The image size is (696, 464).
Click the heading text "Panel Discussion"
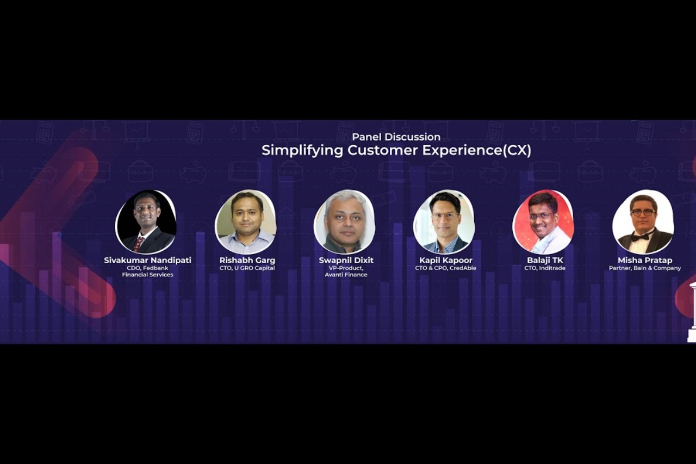pyautogui.click(x=396, y=137)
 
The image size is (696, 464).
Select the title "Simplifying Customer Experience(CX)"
pyautogui.click(x=396, y=150)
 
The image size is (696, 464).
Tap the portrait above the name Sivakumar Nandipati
pyautogui.click(x=146, y=222)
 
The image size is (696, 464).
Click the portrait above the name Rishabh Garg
pyautogui.click(x=246, y=222)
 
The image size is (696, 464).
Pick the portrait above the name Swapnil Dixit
pyautogui.click(x=344, y=222)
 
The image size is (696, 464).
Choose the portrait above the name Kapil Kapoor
pyautogui.click(x=444, y=222)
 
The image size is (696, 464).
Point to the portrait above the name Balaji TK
pyautogui.click(x=543, y=222)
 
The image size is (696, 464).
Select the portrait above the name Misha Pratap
pyautogui.click(x=643, y=222)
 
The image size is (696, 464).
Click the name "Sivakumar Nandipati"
pyautogui.click(x=147, y=261)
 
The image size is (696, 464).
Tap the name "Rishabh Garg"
pyautogui.click(x=247, y=261)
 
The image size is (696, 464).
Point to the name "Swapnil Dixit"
pyautogui.click(x=346, y=261)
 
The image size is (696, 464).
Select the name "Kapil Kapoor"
pyautogui.click(x=445, y=261)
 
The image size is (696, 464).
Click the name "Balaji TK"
pyautogui.click(x=545, y=261)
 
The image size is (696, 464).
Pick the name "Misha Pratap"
pyautogui.click(x=645, y=261)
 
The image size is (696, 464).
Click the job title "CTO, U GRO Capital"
pyautogui.click(x=247, y=268)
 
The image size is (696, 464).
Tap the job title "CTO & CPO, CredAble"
pyautogui.click(x=445, y=268)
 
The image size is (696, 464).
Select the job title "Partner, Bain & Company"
pyautogui.click(x=645, y=268)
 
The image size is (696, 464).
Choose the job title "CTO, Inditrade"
pyautogui.click(x=545, y=268)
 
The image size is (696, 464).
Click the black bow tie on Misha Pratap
pyautogui.click(x=640, y=237)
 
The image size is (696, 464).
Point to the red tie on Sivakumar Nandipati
pyautogui.click(x=139, y=243)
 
